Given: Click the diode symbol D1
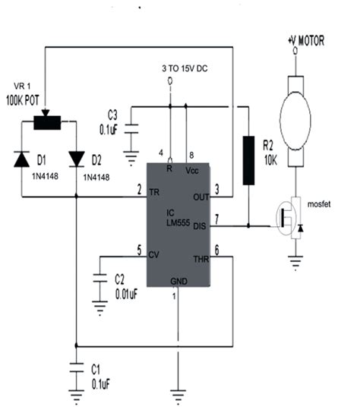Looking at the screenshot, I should point(22,159).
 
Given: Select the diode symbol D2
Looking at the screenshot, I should point(77,158).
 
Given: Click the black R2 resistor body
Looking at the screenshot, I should point(247,160).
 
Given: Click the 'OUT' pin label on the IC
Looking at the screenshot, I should point(201,197).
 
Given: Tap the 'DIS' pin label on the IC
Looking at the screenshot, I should point(201,225).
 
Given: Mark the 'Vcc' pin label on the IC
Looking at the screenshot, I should point(192,170).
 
